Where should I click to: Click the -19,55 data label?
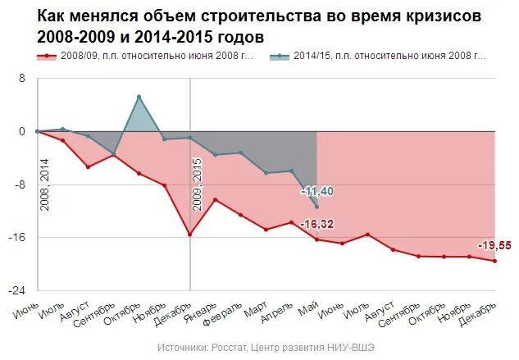coord(494,245)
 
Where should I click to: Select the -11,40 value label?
coord(316,191)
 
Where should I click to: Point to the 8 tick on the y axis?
coord(23,79)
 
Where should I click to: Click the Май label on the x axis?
coord(309,305)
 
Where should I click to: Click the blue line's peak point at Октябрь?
coord(139,97)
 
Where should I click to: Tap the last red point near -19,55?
coord(494,261)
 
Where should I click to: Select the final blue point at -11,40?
coord(316,206)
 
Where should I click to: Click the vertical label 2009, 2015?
coord(198,185)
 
